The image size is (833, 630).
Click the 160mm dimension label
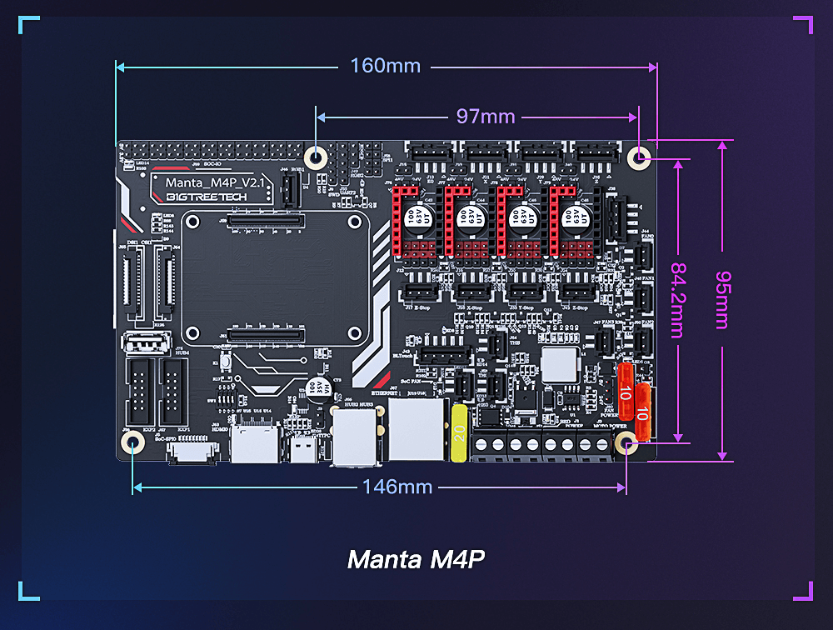pyautogui.click(x=385, y=66)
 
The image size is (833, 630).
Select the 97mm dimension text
pyautogui.click(x=485, y=117)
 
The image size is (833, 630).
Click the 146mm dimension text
pyautogui.click(x=397, y=487)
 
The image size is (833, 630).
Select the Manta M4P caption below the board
pyautogui.click(x=416, y=559)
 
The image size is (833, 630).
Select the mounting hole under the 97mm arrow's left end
pyautogui.click(x=316, y=157)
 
